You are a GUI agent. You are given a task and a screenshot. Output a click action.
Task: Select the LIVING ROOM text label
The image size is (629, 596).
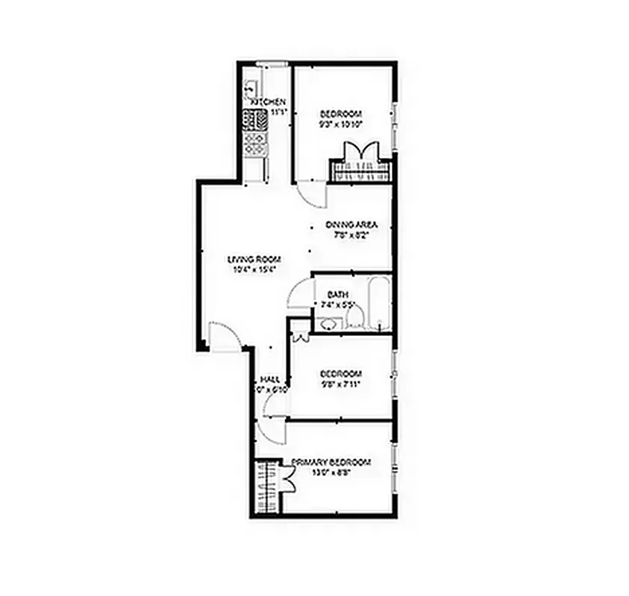pyautogui.click(x=254, y=259)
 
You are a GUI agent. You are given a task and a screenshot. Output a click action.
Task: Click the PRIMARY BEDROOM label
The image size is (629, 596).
pyautogui.click(x=331, y=463)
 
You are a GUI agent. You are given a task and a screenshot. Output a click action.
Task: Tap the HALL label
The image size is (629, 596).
pyautogui.click(x=269, y=379)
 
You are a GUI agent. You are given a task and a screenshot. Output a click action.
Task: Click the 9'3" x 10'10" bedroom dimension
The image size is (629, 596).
pyautogui.click(x=341, y=124)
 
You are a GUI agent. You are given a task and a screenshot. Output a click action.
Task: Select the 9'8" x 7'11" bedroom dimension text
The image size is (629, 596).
pyautogui.click(x=341, y=384)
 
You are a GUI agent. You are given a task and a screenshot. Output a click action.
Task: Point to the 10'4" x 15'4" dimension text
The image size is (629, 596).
pyautogui.click(x=254, y=270)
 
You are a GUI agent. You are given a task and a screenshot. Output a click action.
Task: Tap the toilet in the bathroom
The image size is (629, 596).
pyautogui.click(x=354, y=319)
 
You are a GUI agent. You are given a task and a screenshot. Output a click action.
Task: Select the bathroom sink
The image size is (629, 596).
pyautogui.click(x=327, y=323)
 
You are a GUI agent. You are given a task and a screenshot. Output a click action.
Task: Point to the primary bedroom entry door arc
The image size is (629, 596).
pyautogui.click(x=269, y=431)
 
